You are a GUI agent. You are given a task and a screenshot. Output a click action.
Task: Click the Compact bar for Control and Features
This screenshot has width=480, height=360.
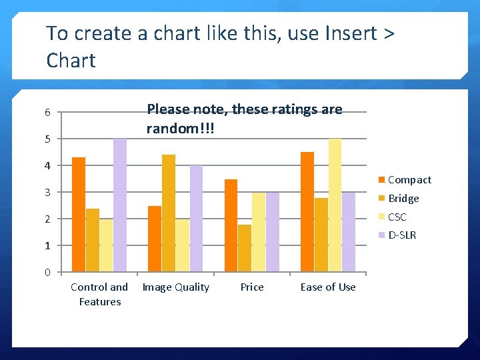[x=79, y=215]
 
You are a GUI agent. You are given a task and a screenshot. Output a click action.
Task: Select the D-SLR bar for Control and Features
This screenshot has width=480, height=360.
[x=120, y=205]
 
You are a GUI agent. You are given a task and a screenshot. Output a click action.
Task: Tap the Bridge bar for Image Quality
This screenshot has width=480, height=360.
[x=169, y=213]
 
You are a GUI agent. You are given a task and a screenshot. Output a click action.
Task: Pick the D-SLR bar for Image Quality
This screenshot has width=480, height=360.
[x=196, y=219]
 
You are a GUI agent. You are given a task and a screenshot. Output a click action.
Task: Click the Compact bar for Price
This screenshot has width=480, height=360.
[x=231, y=225]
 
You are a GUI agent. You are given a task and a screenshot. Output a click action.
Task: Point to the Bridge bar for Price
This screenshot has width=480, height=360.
[x=245, y=248]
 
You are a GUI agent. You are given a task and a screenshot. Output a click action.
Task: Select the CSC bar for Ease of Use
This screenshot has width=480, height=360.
[x=335, y=205]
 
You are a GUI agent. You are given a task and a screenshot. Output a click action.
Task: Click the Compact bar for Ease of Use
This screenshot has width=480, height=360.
[x=307, y=212]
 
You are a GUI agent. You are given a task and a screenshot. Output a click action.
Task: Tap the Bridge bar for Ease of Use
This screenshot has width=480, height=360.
[x=321, y=235]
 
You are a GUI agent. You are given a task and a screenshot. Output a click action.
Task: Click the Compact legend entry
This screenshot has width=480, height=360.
[x=409, y=180]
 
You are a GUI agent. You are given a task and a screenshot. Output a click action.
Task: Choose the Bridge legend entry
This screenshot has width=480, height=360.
[x=403, y=199]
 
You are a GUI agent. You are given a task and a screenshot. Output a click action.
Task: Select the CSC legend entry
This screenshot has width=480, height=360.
[x=397, y=217]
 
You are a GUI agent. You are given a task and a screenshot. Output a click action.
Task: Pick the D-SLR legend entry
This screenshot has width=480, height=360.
[x=401, y=235]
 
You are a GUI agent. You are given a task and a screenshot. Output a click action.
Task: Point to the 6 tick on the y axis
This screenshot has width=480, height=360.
[x=47, y=113]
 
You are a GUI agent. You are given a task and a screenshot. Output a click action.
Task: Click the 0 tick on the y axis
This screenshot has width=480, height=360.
[x=47, y=272]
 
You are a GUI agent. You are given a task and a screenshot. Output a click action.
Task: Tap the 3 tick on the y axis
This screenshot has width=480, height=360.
[x=47, y=193]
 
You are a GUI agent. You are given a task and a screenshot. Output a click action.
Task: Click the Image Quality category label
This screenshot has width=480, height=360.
[x=176, y=287]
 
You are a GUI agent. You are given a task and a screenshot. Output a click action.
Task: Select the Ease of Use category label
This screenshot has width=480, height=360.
[x=328, y=287]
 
